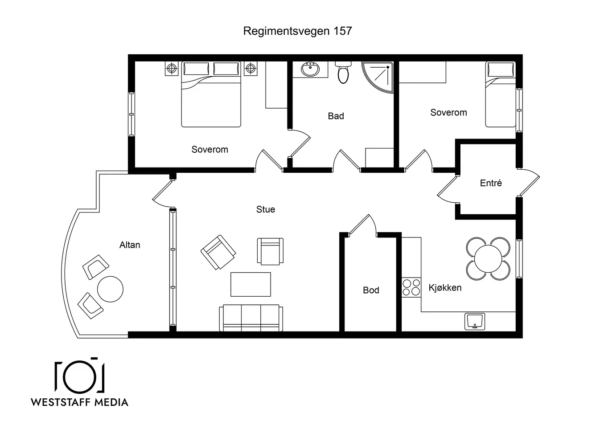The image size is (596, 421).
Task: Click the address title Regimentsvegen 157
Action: pos(297,31)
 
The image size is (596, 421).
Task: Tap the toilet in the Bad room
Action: pos(343,72)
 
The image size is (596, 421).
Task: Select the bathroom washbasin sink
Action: pos(310,69)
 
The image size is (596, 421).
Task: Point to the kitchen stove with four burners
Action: pos(411,287)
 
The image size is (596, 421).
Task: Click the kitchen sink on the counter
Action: pos(475,321)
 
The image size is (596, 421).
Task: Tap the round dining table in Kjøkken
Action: pos(488,258)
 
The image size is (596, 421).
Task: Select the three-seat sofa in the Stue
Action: pos(251,318)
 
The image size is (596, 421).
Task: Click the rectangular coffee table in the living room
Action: pos(251,284)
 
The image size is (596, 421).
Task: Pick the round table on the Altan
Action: pos(110,289)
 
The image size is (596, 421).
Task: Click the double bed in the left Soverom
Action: pos(211,94)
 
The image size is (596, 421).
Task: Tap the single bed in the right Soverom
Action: pos(501,94)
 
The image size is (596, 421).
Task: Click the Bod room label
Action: pos(371,290)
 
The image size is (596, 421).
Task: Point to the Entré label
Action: pos(491,183)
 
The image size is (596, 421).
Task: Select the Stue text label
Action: pos(266,209)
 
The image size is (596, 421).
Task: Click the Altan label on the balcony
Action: pos(130,245)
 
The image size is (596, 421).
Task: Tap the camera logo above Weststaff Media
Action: pos(79,375)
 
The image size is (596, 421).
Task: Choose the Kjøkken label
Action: pos(445,288)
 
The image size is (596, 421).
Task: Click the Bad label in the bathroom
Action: pos(336,116)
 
